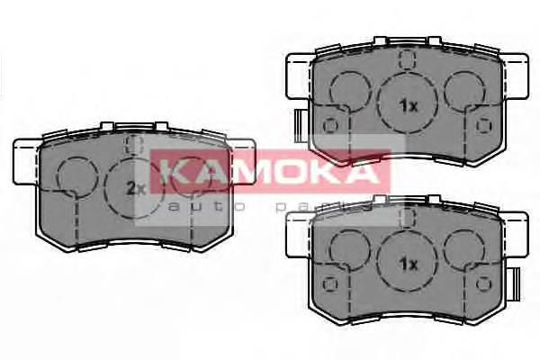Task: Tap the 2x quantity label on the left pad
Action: pos(136,188)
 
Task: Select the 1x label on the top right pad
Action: pos(408,105)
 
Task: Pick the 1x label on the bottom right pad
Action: pos(408,265)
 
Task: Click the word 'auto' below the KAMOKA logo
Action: pos(188,206)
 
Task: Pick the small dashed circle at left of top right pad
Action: pos(330,125)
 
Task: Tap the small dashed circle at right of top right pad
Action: pos(486,125)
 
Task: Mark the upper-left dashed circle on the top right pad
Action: pos(346,89)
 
